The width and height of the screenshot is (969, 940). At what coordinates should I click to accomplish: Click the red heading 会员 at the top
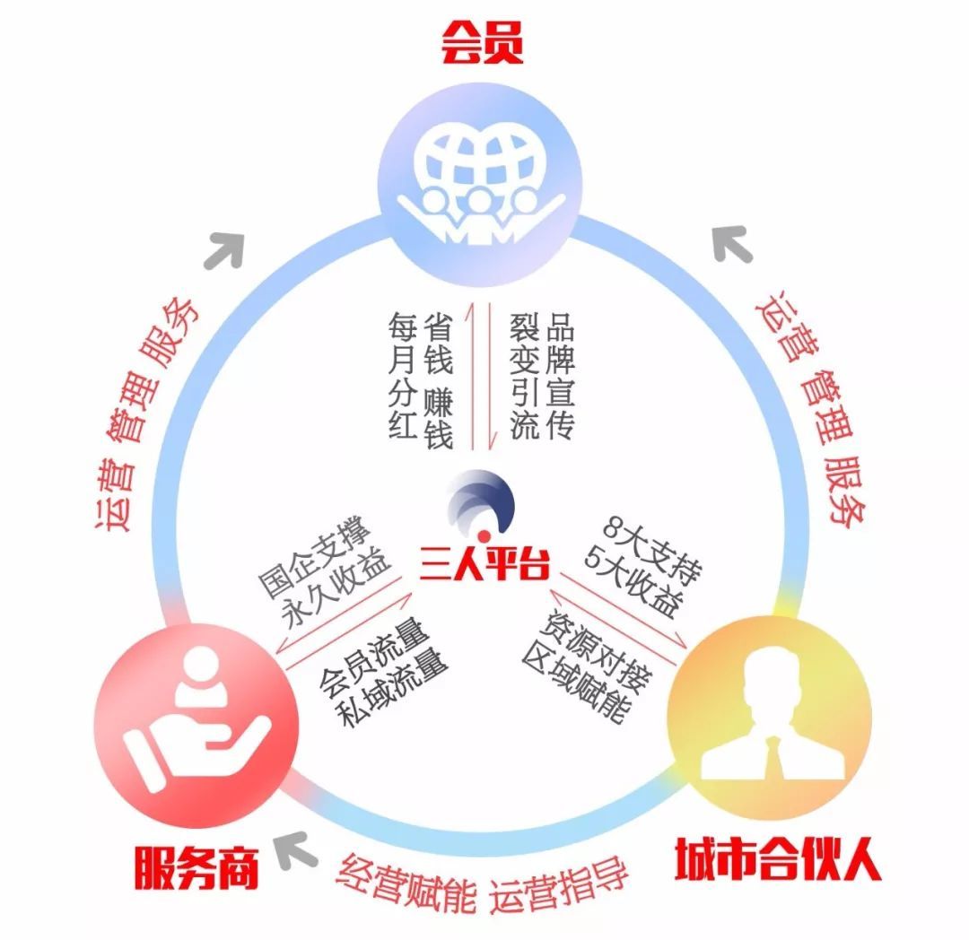[x=482, y=42]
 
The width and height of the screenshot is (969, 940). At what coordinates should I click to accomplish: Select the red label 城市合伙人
[x=777, y=858]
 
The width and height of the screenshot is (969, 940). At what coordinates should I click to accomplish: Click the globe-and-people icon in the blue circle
[x=482, y=185]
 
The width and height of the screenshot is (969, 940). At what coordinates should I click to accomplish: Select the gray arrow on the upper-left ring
[x=225, y=249]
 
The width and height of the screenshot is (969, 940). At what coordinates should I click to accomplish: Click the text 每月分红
[x=402, y=376]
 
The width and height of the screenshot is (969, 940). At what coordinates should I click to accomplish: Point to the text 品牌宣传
[x=560, y=376]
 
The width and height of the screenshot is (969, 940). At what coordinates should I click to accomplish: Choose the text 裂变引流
[x=525, y=376]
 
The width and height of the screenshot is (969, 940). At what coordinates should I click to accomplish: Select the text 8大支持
[x=652, y=551]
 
